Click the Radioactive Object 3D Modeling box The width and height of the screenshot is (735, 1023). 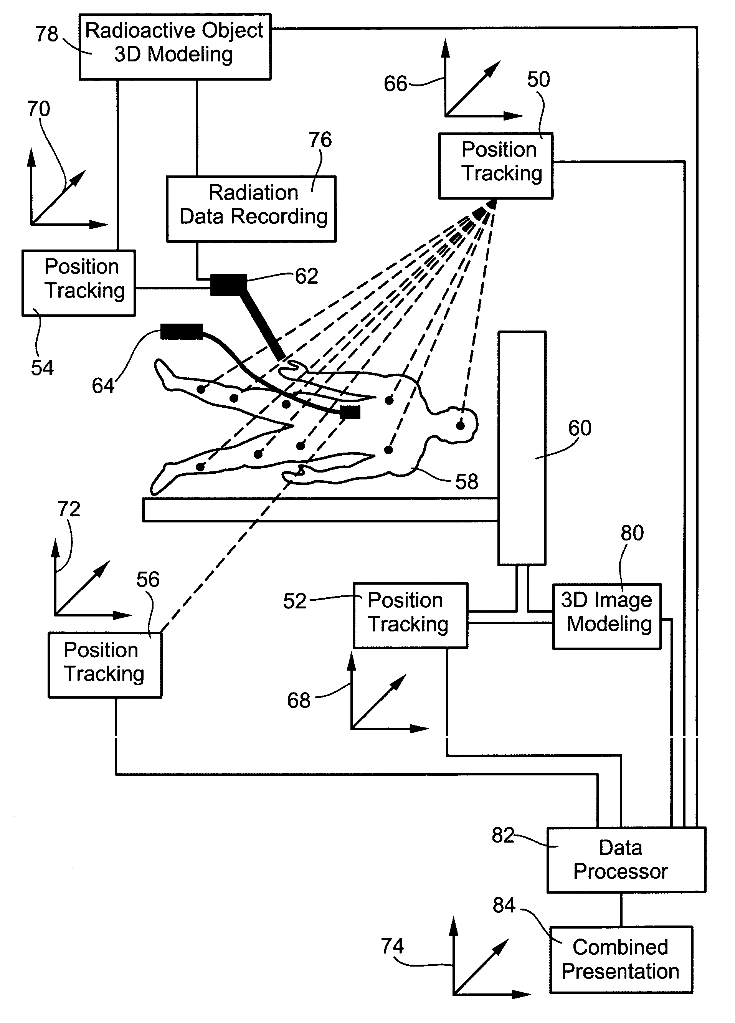[x=175, y=47]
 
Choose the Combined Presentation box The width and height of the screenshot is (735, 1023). [x=621, y=959]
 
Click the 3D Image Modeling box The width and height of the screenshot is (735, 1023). [x=606, y=616]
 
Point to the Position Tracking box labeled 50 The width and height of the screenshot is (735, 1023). [x=496, y=165]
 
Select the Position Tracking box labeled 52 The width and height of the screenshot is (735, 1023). [x=410, y=615]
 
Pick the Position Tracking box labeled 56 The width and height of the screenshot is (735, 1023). [x=105, y=665]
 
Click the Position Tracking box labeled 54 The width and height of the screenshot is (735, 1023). [x=78, y=283]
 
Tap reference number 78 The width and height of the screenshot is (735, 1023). [x=47, y=34]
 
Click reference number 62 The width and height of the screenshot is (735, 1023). [x=307, y=276]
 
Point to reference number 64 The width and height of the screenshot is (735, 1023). [x=103, y=386]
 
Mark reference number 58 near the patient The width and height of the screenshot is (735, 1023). [x=466, y=482]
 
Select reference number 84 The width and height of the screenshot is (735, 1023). [x=504, y=905]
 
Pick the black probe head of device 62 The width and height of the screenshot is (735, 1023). [x=229, y=284]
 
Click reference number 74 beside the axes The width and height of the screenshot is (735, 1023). [x=392, y=945]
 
